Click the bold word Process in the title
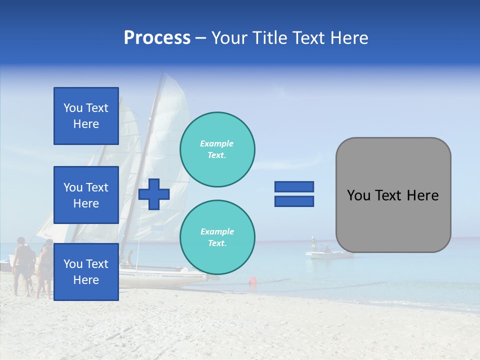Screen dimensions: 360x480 [157, 38]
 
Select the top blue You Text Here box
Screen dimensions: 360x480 [86, 116]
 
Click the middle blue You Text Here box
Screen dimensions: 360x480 [86, 195]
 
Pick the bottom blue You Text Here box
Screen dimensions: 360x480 [86, 272]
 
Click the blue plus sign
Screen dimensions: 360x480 [154, 193]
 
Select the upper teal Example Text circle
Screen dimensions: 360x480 [217, 149]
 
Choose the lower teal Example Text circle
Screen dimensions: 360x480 [217, 237]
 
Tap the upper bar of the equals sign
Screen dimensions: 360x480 [294, 187]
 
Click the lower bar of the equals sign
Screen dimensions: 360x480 [294, 201]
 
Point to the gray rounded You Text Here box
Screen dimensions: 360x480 [393, 195]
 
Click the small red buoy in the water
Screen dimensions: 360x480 [253, 281]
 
